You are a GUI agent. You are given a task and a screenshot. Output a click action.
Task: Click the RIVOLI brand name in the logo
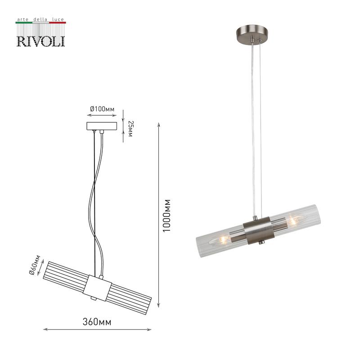click(x=41, y=41)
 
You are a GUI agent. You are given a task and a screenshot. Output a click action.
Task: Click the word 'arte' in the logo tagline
click(x=23, y=20)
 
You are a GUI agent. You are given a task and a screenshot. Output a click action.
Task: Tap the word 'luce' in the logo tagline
click(x=58, y=19)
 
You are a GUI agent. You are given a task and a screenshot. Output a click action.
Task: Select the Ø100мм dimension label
click(x=102, y=109)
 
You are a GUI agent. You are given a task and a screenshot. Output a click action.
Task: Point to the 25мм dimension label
click(x=130, y=129)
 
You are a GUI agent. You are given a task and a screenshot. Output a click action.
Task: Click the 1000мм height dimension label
click(x=166, y=216)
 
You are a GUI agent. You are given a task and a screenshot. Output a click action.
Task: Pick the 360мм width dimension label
click(x=97, y=322)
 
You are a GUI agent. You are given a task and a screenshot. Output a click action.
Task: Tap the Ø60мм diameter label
click(x=35, y=265)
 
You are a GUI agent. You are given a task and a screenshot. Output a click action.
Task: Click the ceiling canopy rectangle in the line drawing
click(x=102, y=126)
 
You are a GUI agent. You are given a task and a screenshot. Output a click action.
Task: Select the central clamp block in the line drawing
click(x=97, y=288)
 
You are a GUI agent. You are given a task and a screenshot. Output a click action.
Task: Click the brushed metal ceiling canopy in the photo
click(x=252, y=33)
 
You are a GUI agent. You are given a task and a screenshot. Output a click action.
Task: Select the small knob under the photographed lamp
click(x=262, y=243)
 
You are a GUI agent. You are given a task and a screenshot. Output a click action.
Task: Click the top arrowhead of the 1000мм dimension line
click(x=158, y=125)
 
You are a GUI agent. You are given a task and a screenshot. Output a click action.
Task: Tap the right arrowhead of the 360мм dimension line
click(x=149, y=329)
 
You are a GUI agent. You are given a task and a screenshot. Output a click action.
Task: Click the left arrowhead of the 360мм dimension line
click(x=45, y=329)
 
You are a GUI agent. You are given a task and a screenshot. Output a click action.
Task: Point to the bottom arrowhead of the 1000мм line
click(x=158, y=305)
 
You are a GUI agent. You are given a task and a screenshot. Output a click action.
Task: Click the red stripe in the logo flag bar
click(x=58, y=22)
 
